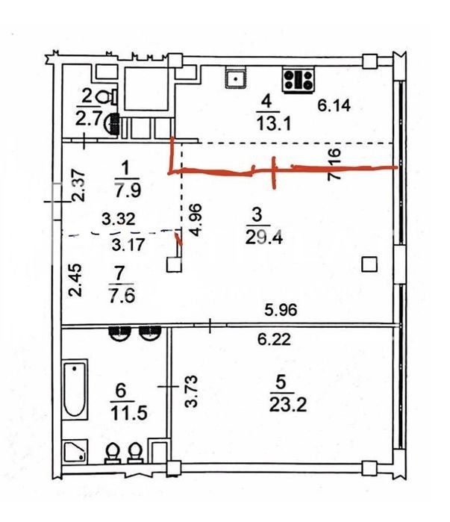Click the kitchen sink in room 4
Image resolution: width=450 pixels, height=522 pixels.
[236, 78]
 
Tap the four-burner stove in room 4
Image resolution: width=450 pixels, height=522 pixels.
[299, 80]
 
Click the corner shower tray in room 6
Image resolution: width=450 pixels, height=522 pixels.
[75, 451]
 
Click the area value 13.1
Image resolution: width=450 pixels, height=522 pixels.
[274, 124]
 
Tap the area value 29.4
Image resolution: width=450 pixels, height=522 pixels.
[263, 237]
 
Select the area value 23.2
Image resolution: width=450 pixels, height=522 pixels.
[288, 405]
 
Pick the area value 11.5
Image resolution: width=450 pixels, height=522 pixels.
[128, 413]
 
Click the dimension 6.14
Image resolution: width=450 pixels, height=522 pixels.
[334, 105]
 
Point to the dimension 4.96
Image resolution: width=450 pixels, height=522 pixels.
[196, 220]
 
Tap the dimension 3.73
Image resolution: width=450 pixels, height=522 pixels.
[192, 391]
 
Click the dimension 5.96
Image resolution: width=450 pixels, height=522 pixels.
[281, 310]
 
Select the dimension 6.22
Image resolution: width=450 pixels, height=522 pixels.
[275, 340]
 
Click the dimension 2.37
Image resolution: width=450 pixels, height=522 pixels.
[79, 186]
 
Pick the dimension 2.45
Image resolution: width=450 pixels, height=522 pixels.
[75, 280]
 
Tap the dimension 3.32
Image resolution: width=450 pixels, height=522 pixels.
[119, 219]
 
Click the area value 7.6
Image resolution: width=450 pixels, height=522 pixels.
[122, 296]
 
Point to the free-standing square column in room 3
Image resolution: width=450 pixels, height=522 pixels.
[369, 264]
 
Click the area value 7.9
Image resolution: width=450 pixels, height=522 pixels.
[128, 190]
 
